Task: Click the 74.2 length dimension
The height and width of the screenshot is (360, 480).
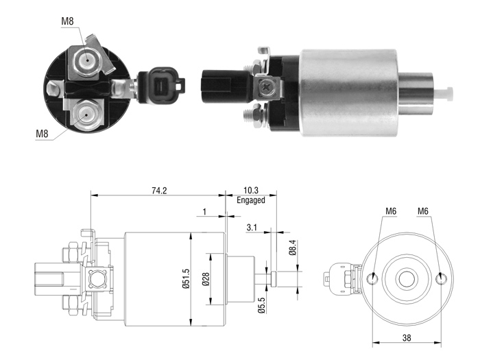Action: (159, 191)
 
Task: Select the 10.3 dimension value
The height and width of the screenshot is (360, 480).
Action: (251, 191)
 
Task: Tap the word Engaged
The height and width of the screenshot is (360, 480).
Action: (251, 200)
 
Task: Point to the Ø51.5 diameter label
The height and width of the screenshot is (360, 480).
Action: (186, 278)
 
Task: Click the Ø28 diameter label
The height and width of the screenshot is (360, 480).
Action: (206, 279)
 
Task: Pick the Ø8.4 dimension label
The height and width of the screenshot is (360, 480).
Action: (293, 248)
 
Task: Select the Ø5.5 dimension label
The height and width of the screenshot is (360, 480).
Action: (261, 305)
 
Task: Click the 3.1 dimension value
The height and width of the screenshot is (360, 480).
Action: (252, 228)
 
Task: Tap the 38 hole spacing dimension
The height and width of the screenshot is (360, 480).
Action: (407, 337)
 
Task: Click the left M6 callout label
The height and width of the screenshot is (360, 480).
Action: (391, 211)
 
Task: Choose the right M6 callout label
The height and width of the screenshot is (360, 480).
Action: (423, 211)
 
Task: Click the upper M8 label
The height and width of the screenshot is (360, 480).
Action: (67, 21)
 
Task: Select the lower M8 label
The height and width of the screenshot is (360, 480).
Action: (42, 134)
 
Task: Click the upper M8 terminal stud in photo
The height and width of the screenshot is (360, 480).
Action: (87, 60)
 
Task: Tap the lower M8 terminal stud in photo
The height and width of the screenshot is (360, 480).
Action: (86, 115)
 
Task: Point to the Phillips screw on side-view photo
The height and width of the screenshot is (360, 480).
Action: (266, 88)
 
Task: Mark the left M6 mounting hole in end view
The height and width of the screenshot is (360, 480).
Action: (372, 278)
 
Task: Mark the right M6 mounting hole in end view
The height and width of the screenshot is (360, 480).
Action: (441, 278)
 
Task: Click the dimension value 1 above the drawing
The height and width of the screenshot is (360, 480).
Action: (204, 211)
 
